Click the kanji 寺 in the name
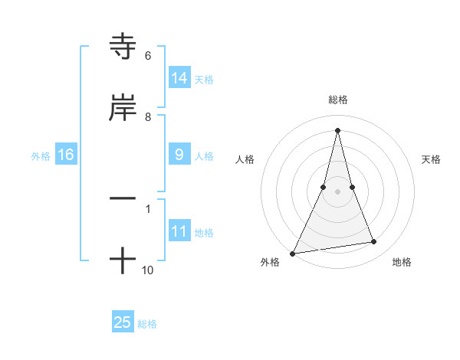tap(123, 47)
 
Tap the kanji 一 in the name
tap(123, 198)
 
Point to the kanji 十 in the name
tap(123, 260)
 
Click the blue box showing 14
tap(179, 78)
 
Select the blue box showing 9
tap(179, 155)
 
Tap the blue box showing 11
tap(179, 231)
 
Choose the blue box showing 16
tap(65, 155)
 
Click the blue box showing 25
tap(123, 322)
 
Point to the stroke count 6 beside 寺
tap(147, 56)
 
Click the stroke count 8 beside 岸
tap(147, 117)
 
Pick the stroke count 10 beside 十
tap(148, 270)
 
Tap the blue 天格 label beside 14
tap(204, 79)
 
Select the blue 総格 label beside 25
tap(147, 323)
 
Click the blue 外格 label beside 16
tap(41, 155)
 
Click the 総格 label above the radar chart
tap(337, 100)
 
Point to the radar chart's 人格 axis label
tap(245, 159)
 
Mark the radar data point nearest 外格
tap(293, 253)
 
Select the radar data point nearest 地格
tap(374, 242)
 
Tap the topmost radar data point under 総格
tap(337, 129)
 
